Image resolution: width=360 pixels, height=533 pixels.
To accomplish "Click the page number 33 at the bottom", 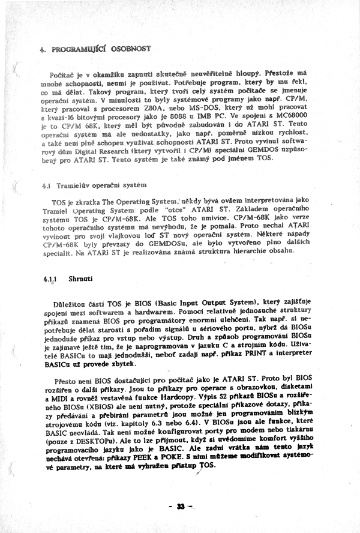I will (179, 507).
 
